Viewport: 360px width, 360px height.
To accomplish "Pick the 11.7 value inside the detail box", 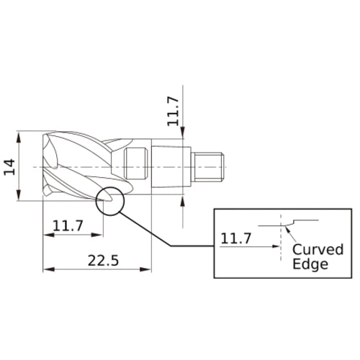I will tap(236, 238).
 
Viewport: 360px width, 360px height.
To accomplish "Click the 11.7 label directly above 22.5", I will tap(68, 226).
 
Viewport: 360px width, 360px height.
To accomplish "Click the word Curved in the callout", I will tap(318, 250).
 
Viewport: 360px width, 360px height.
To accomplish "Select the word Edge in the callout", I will tap(310, 264).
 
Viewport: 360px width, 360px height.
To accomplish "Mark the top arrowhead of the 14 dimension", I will tap(22, 135).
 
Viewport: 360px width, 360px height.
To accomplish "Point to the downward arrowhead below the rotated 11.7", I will tap(184, 132).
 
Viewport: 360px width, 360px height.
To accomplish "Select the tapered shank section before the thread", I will tap(172, 167).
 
